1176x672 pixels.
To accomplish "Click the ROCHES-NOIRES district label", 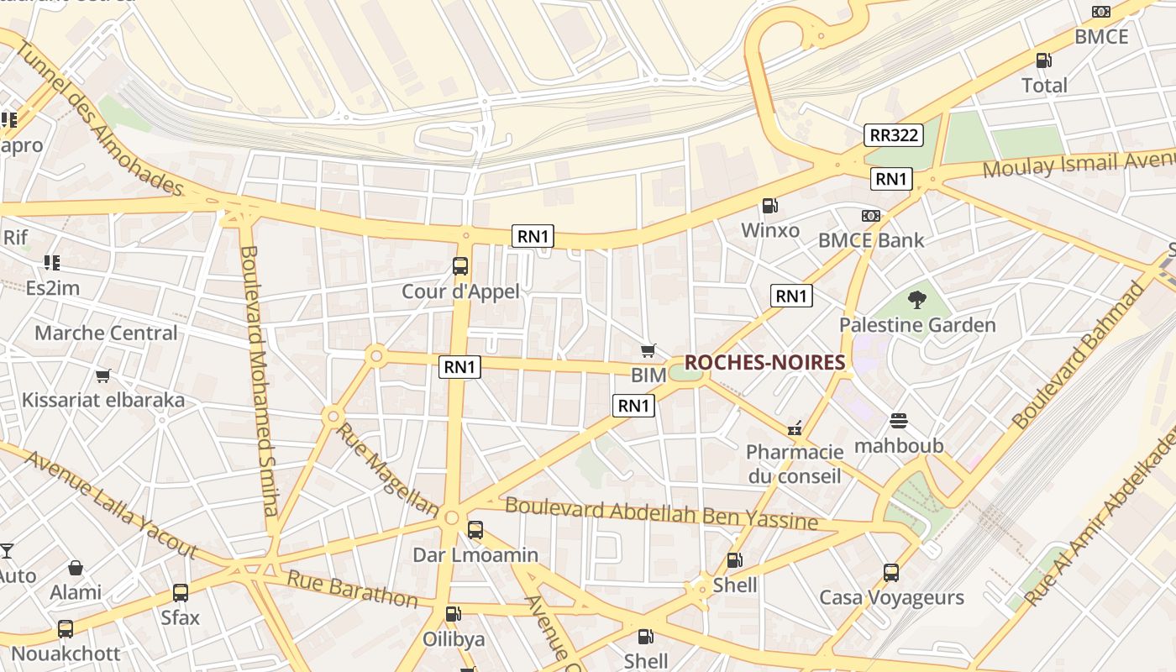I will [764, 362].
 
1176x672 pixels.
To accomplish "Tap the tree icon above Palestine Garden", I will [917, 299].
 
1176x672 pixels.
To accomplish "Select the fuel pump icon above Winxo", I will [769, 205].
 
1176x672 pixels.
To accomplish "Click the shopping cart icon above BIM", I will [648, 350].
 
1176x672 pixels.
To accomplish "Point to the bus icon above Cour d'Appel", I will [460, 266].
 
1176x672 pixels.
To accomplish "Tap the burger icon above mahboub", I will [899, 420].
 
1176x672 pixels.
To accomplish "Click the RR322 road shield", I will [894, 134].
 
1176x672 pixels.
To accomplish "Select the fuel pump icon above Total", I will [1044, 60].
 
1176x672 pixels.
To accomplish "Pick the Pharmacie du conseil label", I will [795, 464].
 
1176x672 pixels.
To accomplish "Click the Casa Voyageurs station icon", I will [891, 573].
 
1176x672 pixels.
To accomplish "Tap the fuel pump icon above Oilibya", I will [453, 614].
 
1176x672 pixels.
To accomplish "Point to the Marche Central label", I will [106, 333].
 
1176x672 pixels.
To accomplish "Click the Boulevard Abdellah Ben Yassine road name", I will [661, 513].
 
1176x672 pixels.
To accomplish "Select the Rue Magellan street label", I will [387, 469].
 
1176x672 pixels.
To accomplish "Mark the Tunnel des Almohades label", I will [99, 118].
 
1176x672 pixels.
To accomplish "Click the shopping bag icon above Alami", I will [76, 568].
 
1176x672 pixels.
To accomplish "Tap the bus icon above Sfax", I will [181, 593].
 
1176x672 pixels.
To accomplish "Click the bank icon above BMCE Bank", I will [871, 216].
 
